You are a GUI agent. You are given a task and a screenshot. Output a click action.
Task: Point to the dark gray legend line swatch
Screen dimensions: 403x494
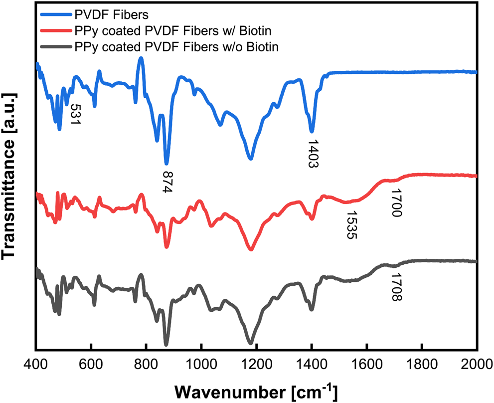click(54, 48)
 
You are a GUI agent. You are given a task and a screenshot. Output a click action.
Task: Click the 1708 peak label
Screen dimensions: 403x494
click(396, 288)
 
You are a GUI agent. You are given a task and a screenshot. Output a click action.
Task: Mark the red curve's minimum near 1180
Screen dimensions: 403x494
click(251, 249)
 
